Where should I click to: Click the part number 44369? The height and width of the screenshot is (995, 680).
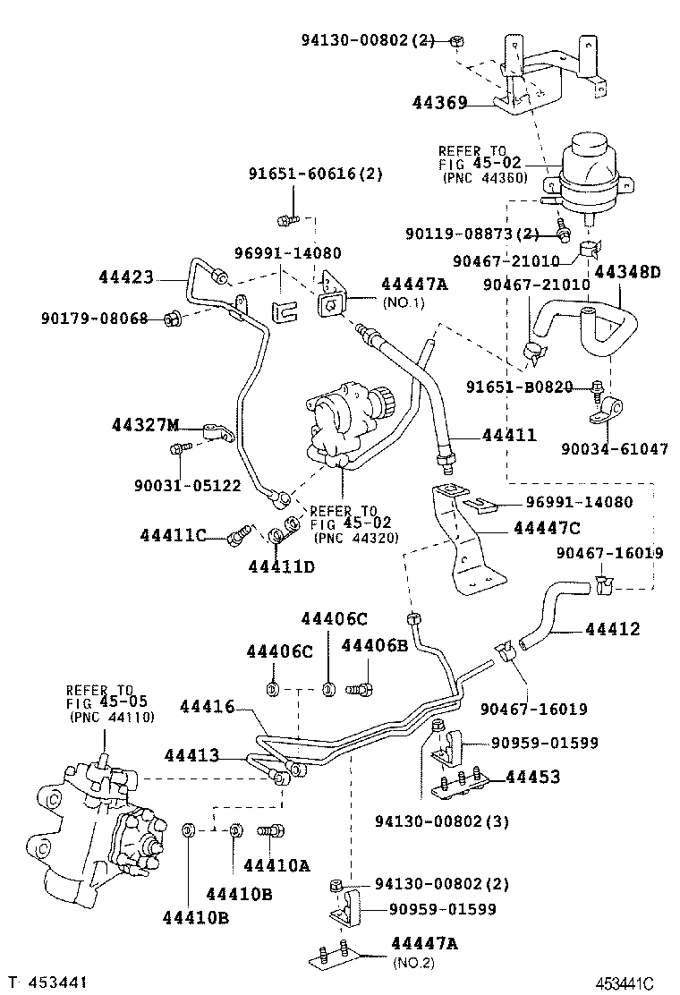coord(440,103)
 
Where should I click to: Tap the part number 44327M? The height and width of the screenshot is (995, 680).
coord(147,423)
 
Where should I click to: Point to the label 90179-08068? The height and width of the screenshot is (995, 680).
coord(94,318)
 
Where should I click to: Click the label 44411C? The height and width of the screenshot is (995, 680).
coord(174,535)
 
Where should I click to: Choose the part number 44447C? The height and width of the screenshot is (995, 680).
coord(547,529)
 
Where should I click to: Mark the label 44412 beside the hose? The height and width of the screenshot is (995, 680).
coord(613,629)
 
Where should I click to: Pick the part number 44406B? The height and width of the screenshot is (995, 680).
coord(375,645)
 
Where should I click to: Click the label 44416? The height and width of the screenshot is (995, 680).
coord(207,707)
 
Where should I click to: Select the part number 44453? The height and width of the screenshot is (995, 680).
coord(533,777)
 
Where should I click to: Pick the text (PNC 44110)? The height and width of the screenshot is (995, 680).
coord(108,717)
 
